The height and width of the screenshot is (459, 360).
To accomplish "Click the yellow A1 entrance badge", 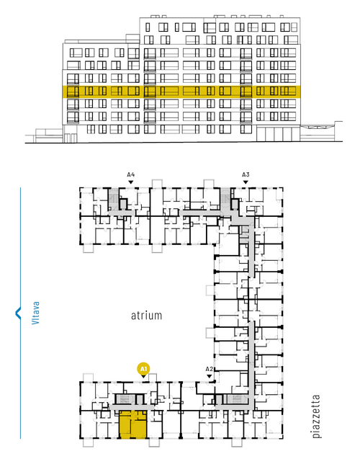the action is [x=143, y=369].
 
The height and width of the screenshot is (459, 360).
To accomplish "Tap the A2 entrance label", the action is [x=209, y=369].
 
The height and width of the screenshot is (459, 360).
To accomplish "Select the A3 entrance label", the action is [x=246, y=175].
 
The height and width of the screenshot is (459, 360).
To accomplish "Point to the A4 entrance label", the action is [x=131, y=175].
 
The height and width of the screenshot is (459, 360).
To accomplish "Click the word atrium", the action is [x=146, y=316].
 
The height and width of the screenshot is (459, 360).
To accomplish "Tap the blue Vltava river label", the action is [x=36, y=313].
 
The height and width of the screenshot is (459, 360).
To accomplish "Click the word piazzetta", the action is [x=316, y=416].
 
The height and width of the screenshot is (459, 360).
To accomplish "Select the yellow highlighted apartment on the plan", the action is [x=133, y=424].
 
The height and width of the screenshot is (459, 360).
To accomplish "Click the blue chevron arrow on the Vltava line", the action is [x=18, y=313].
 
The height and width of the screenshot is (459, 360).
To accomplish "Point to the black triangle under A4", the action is [x=131, y=182].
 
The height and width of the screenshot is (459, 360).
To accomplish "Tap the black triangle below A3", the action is [x=246, y=182].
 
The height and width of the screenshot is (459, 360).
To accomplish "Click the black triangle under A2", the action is [x=209, y=376].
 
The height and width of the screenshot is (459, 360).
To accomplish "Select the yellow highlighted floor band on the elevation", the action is [x=181, y=92].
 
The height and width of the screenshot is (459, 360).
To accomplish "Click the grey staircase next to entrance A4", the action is [x=113, y=199].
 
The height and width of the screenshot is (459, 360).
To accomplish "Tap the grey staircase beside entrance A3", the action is [x=225, y=199].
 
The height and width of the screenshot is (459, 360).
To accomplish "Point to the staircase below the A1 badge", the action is [x=125, y=398].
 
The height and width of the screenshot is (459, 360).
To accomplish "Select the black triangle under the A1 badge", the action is [x=143, y=377].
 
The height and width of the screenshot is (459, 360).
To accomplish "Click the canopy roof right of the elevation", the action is [x=318, y=127].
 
